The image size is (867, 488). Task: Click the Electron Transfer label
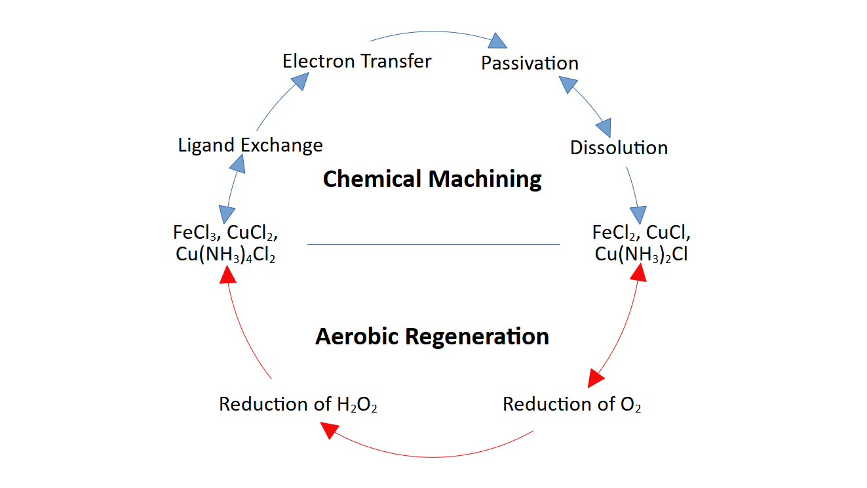pos(356,62)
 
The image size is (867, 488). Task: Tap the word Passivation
pos(530,63)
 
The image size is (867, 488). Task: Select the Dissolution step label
pos(619,148)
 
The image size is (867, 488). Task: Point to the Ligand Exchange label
pos(250,145)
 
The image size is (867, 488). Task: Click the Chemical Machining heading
pos(433,179)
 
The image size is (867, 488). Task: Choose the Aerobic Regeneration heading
pos(433,336)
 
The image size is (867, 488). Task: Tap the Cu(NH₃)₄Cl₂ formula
pos(225,256)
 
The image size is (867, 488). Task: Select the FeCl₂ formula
pos(616,232)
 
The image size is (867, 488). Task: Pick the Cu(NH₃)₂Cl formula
pos(641,254)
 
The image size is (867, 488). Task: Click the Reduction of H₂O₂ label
pos(298,404)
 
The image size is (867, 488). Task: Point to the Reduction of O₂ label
pos(571,404)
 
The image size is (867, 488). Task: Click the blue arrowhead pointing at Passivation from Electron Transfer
pos(499,41)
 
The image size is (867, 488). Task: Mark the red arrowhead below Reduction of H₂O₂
pos(329,430)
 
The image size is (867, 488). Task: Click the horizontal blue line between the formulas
pos(433,244)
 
